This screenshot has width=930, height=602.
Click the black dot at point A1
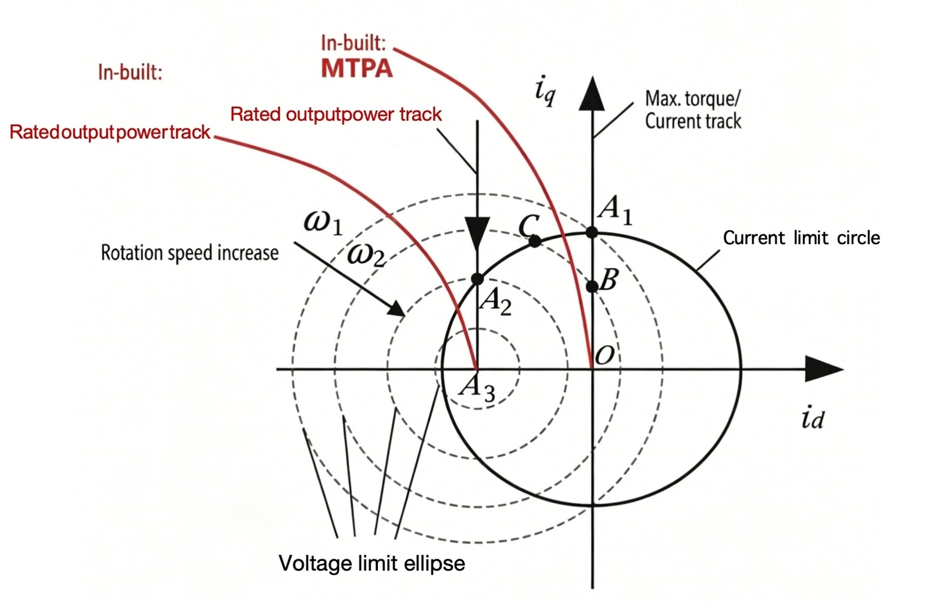click(x=592, y=232)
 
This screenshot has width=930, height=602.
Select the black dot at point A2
click(x=477, y=278)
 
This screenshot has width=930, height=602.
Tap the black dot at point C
click(x=535, y=241)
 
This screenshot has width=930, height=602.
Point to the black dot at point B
click(x=592, y=286)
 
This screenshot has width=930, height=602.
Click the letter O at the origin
click(x=604, y=356)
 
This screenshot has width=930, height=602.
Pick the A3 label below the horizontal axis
click(x=477, y=389)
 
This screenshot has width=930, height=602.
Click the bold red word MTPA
click(x=357, y=69)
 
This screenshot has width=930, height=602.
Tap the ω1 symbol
click(x=323, y=223)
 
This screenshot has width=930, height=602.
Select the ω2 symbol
click(x=366, y=255)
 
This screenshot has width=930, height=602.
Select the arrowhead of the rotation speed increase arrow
click(x=396, y=309)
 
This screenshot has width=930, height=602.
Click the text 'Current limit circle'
click(x=802, y=238)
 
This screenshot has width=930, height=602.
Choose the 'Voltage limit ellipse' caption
click(x=371, y=564)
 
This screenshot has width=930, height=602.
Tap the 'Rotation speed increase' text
click(x=189, y=253)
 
